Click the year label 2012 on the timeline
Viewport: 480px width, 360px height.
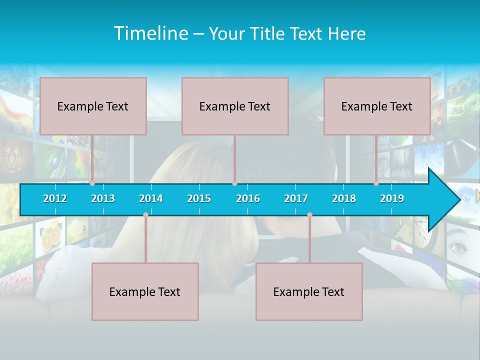(55, 198)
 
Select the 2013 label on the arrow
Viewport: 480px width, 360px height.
(103, 198)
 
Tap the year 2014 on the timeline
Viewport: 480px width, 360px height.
(151, 198)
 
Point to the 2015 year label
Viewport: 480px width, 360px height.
(199, 198)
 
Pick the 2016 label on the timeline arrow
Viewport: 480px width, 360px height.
(248, 198)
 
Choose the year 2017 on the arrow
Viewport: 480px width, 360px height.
(296, 198)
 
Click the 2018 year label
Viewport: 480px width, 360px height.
(344, 198)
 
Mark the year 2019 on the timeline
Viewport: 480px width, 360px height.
(392, 198)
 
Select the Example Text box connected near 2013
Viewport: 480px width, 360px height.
(93, 106)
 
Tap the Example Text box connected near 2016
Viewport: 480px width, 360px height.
(235, 106)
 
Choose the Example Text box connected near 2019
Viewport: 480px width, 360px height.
(377, 106)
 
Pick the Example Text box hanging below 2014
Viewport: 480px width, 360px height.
(145, 291)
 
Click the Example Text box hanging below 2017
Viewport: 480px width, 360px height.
(309, 291)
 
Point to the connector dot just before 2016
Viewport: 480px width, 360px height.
(234, 183)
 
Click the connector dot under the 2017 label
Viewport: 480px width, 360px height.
(309, 215)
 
